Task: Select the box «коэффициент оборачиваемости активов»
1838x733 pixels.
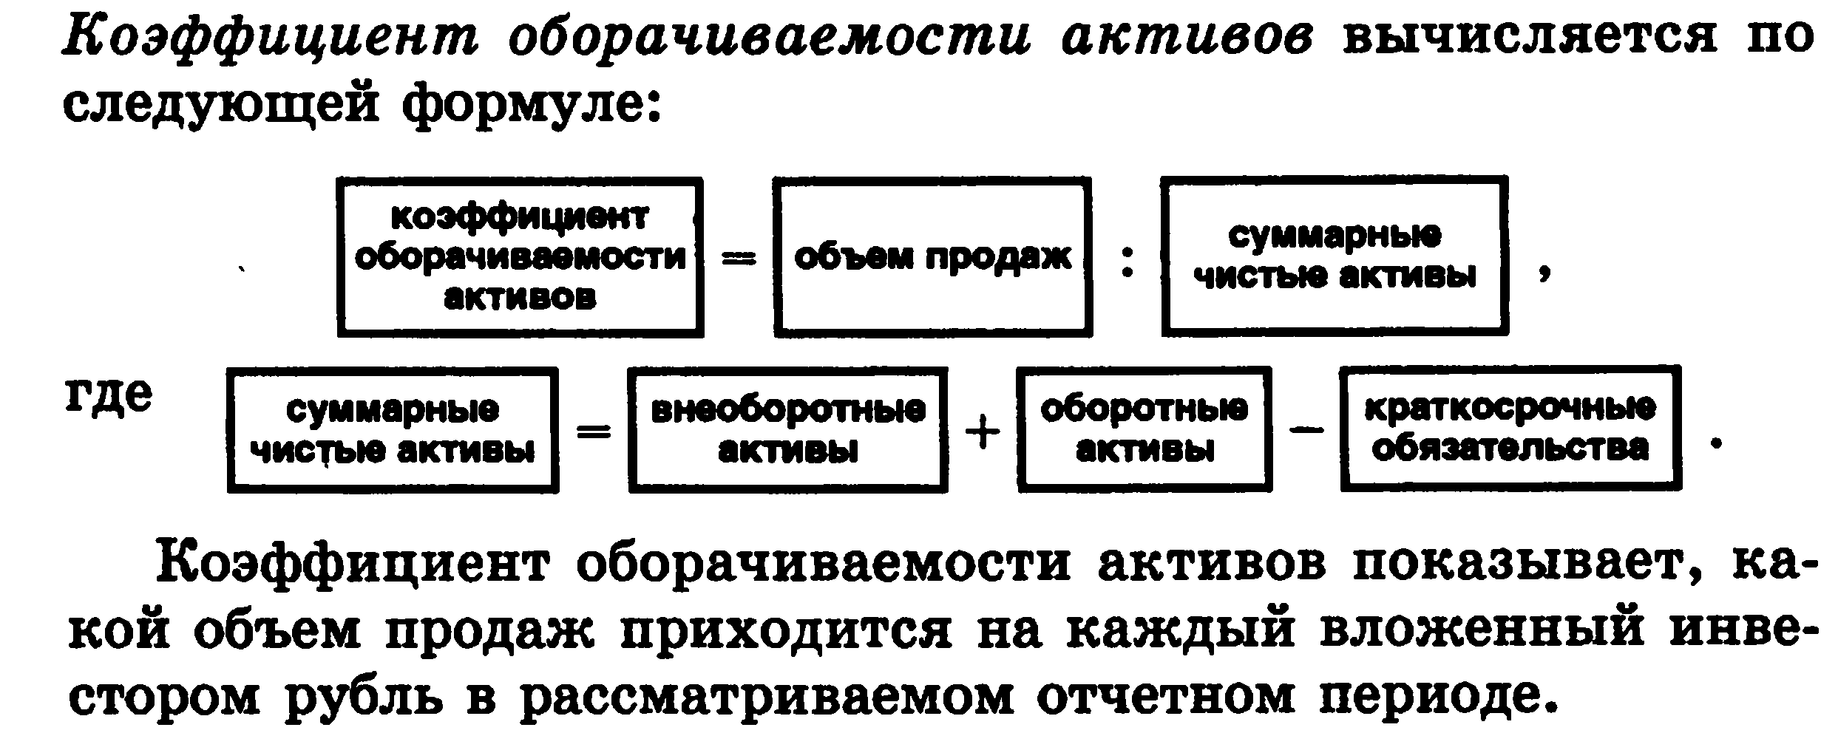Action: pos(520,257)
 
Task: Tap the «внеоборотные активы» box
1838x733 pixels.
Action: pos(787,429)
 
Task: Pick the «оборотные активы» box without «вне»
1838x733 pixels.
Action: pos(1144,429)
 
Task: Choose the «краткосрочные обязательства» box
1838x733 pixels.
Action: pos(1510,429)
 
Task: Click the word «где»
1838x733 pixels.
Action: pos(109,397)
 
